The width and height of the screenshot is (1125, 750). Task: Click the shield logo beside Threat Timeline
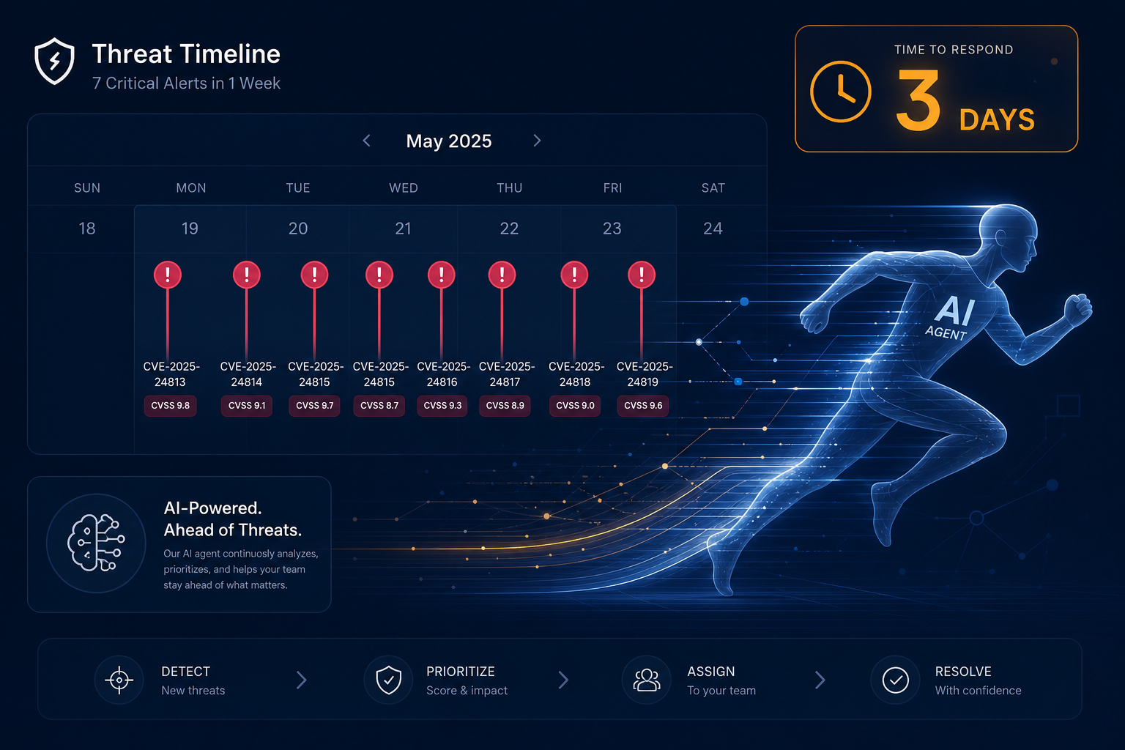54,61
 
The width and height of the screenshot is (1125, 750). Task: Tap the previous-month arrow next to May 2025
367,141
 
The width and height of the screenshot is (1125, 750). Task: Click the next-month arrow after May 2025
537,141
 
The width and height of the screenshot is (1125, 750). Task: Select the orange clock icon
840,92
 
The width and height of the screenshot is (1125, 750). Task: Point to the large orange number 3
918,100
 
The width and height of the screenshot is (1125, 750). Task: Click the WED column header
404,188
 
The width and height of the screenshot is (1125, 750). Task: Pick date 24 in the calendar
713,229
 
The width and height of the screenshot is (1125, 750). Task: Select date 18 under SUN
87,229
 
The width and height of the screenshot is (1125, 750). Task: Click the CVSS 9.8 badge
170,405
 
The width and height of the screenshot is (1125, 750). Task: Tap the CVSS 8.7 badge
379,405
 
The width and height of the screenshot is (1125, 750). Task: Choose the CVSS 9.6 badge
643,405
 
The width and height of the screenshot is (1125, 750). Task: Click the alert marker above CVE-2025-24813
167,275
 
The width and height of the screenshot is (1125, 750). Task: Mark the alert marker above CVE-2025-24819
642,275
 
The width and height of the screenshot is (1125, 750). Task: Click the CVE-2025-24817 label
506,374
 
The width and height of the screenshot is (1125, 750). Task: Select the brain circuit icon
96,543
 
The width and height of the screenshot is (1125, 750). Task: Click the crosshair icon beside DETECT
119,680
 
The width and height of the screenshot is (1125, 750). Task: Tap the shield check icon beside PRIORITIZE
389,680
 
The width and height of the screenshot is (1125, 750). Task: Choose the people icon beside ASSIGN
647,680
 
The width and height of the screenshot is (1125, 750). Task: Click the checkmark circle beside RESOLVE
896,680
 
